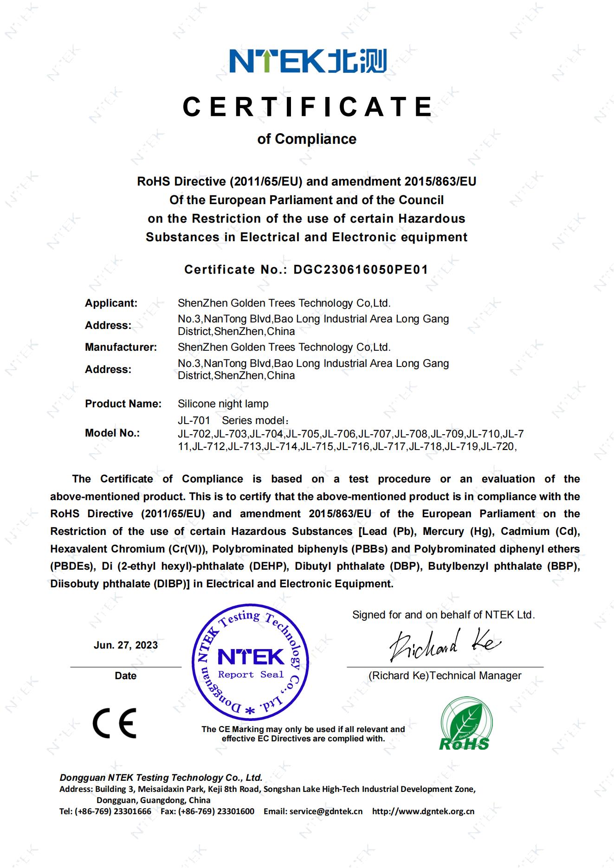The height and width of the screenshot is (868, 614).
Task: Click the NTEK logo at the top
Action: click(x=308, y=61)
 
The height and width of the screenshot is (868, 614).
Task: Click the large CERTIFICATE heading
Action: click(x=307, y=107)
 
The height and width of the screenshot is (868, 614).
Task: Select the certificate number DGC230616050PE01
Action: click(x=361, y=270)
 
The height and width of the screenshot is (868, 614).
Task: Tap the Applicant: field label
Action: click(x=111, y=303)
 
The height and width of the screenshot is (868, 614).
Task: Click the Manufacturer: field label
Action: click(x=121, y=347)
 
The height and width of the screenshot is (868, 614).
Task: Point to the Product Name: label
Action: click(x=123, y=404)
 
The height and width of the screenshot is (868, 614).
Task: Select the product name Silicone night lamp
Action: click(x=223, y=404)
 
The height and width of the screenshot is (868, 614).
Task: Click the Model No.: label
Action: click(x=112, y=433)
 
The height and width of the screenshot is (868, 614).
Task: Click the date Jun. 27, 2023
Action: click(x=125, y=645)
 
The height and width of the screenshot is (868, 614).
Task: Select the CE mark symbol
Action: click(x=115, y=723)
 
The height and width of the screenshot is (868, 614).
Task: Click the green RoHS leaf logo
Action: click(x=465, y=723)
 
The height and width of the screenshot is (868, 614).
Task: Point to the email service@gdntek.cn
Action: click(x=325, y=811)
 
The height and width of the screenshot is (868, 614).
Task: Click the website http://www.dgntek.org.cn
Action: click(x=423, y=811)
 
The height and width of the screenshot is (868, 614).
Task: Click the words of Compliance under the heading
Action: click(x=307, y=139)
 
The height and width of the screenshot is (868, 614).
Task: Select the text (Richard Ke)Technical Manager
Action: click(x=445, y=675)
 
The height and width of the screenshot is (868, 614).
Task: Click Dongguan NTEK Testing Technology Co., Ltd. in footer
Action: click(x=161, y=778)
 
